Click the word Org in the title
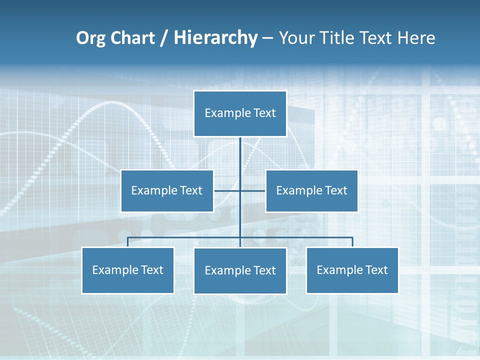tap(90, 38)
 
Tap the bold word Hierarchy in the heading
tap(215, 38)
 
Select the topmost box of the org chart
tap(240, 113)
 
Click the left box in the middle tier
tap(167, 191)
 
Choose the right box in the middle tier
tap(311, 191)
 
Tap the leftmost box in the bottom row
tap(127, 270)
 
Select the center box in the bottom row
tap(240, 271)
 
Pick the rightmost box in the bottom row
tap(352, 270)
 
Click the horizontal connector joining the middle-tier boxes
tap(227, 191)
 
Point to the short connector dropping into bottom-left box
tap(127, 242)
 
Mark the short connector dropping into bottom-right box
tap(352, 242)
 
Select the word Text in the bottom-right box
tap(376, 270)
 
